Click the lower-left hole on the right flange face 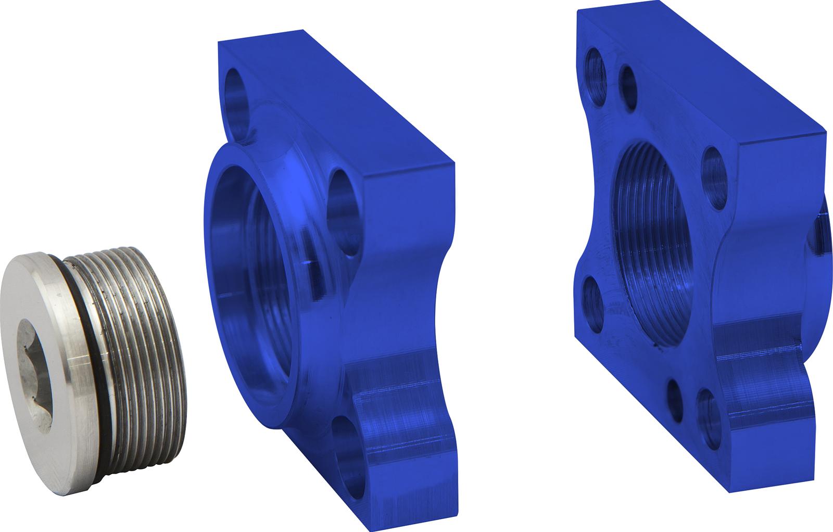click(x=594, y=302)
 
